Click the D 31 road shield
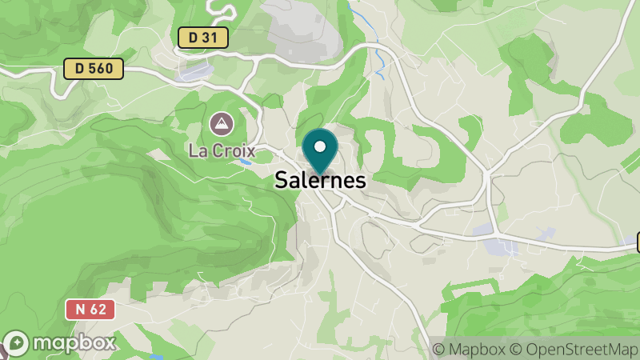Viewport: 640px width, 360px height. [x=202, y=37]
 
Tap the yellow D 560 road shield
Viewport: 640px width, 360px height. [x=94, y=69]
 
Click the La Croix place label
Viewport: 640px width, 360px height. [x=222, y=150]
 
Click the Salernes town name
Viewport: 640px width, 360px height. [x=320, y=180]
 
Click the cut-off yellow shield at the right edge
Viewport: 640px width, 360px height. [x=638, y=241]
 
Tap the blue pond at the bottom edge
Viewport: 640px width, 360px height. [x=156, y=356]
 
